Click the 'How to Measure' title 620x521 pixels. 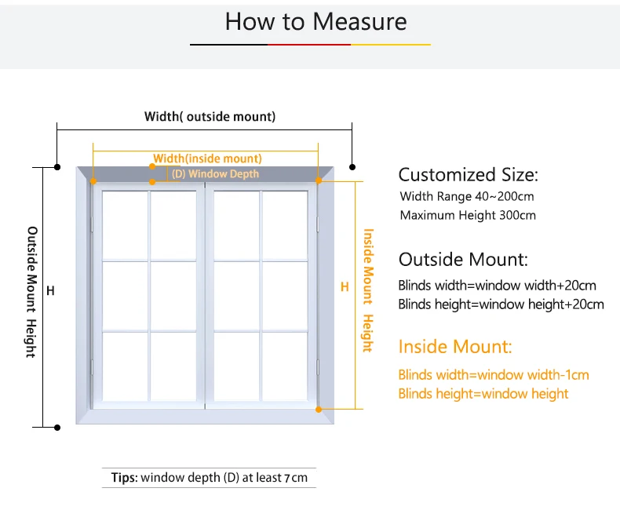tap(315, 21)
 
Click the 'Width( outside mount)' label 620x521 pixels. tap(210, 117)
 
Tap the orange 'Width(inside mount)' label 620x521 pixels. tap(207, 158)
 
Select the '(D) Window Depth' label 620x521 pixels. tap(215, 173)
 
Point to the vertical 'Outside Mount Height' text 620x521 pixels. tap(32, 292)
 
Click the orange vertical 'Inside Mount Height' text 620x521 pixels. tap(367, 290)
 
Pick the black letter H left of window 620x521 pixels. tap(50, 291)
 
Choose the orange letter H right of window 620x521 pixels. tap(344, 287)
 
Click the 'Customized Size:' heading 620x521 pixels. tap(469, 175)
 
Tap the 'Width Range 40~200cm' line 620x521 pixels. tap(466, 196)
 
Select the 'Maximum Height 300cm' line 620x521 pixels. tap(468, 215)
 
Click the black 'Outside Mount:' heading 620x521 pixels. tap(463, 260)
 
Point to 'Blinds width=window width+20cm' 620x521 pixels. tap(497, 285)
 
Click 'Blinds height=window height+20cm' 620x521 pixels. tap(501, 304)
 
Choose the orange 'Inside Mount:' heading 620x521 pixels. tap(455, 346)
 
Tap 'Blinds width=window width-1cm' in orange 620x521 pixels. tap(494, 375)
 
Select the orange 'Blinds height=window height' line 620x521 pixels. tap(483, 394)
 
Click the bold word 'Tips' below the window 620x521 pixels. tap(124, 477)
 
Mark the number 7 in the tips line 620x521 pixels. tap(287, 478)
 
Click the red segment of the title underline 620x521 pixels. tap(309, 45)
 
